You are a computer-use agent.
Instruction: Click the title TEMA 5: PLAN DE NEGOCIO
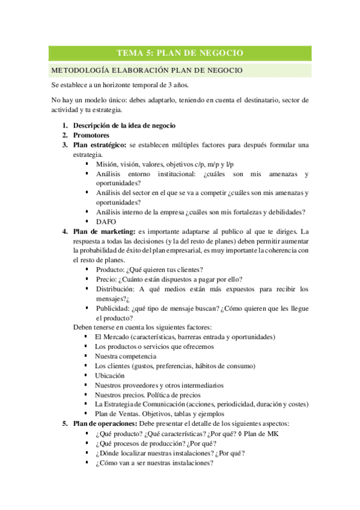[x=180, y=53]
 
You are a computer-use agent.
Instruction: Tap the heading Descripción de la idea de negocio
[x=124, y=125]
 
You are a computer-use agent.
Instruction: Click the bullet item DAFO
[x=106, y=221]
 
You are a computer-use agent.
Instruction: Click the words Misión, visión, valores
[x=132, y=164]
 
